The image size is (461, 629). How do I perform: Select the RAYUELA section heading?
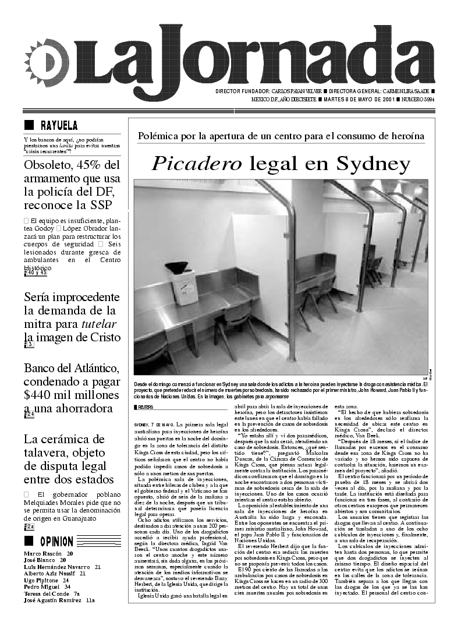point(59,125)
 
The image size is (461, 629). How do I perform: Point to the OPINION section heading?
point(56,542)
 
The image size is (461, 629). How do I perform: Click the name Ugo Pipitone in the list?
point(42,581)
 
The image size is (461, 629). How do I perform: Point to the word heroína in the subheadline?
point(405,136)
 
